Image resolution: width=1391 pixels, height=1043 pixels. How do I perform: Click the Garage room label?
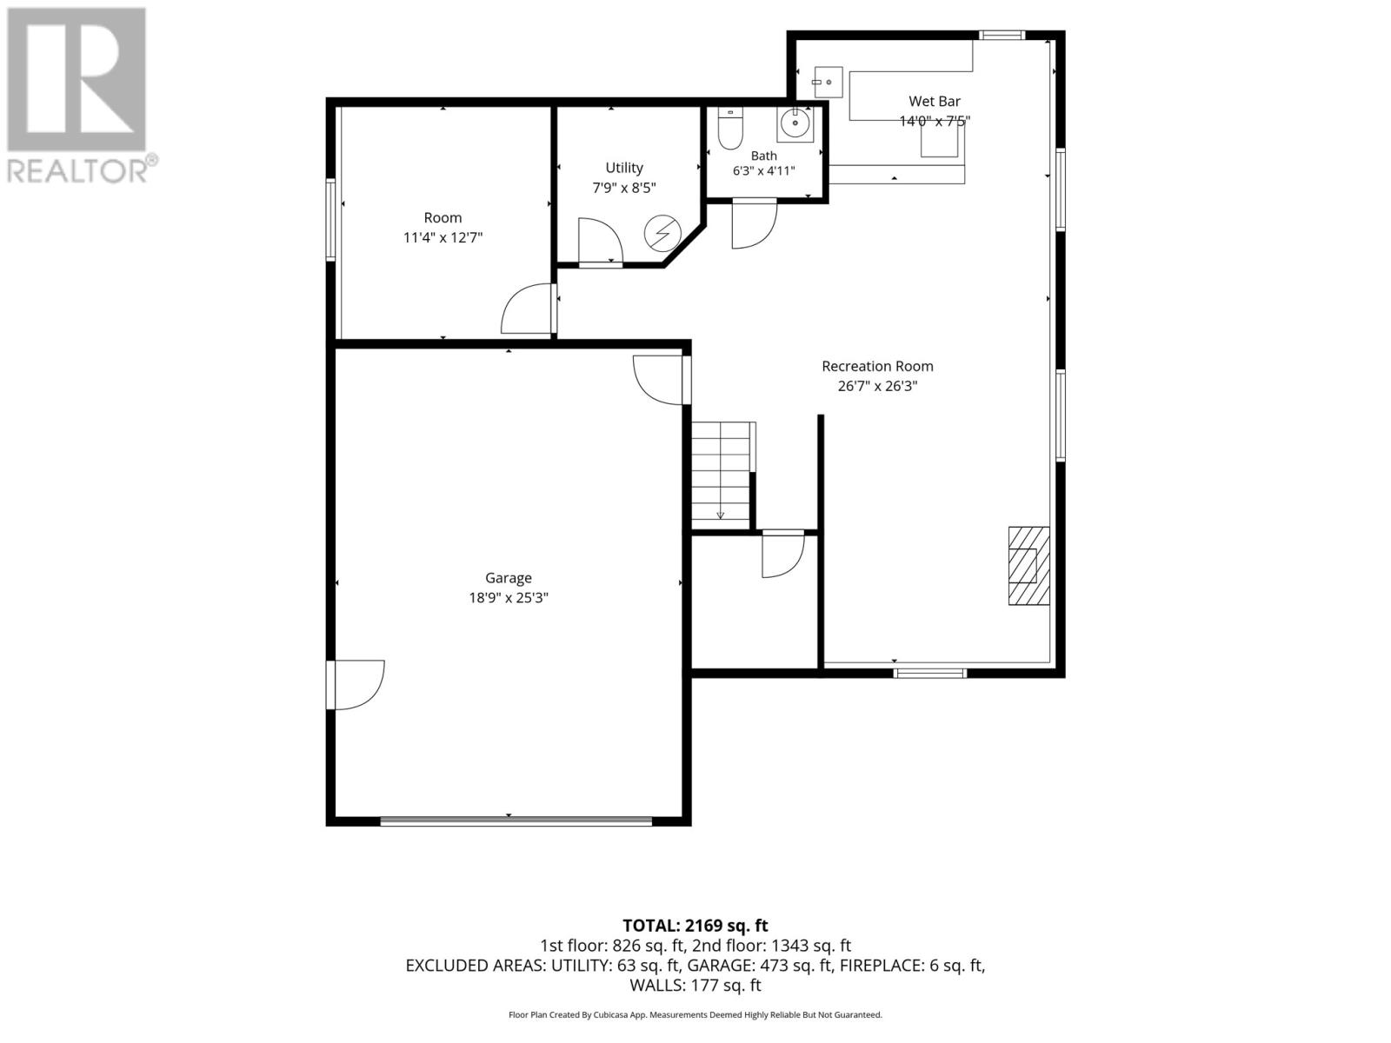pyautogui.click(x=509, y=577)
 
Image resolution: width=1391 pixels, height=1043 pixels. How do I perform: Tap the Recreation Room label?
pyautogui.click(x=877, y=366)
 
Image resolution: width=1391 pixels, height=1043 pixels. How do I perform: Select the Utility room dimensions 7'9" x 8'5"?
pyautogui.click(x=623, y=188)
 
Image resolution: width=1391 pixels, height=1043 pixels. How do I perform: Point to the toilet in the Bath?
pyautogui.click(x=730, y=129)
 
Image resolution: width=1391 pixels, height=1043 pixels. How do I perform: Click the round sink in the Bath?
pyautogui.click(x=795, y=123)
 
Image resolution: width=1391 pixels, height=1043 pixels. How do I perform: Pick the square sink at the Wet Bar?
pyautogui.click(x=828, y=83)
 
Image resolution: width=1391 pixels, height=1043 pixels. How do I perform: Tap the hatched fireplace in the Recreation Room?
pyautogui.click(x=1028, y=566)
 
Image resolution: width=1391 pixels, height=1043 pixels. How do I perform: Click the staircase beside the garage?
pyautogui.click(x=722, y=475)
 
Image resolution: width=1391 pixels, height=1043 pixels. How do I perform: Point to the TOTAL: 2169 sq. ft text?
pyautogui.click(x=695, y=926)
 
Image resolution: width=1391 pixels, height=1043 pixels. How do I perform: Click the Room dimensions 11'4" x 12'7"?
pyautogui.click(x=443, y=237)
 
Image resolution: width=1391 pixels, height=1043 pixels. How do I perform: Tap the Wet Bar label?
pyautogui.click(x=934, y=101)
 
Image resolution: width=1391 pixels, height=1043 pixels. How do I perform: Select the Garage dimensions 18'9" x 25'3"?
pyautogui.click(x=509, y=597)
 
